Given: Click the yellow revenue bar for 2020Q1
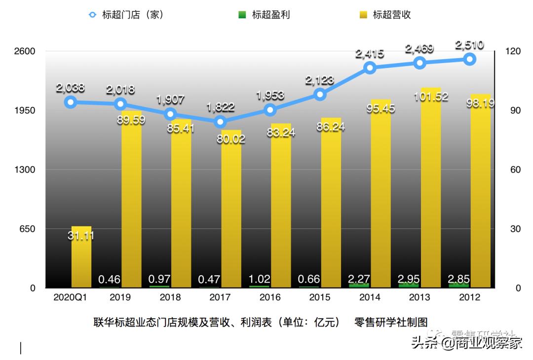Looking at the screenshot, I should pyautogui.click(x=81, y=256).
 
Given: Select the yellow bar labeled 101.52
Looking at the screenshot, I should pyautogui.click(x=431, y=187).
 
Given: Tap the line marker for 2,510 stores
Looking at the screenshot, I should pyautogui.click(x=469, y=59).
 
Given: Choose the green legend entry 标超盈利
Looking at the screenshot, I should pyautogui.click(x=264, y=15).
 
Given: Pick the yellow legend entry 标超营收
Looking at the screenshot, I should pyautogui.click(x=385, y=15).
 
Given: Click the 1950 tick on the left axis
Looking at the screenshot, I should pyautogui.click(x=26, y=110).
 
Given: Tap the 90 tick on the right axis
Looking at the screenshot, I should pyautogui.click(x=515, y=110).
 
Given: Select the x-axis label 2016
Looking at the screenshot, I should pyautogui.click(x=270, y=297).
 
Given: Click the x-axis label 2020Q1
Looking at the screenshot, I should pyautogui.click(x=70, y=297).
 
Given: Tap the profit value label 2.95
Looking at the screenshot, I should pyautogui.click(x=409, y=279).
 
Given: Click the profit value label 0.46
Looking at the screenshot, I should pyautogui.click(x=110, y=280).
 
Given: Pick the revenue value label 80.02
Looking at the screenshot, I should pyautogui.click(x=230, y=139).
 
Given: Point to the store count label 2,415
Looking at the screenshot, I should pyautogui.click(x=370, y=53).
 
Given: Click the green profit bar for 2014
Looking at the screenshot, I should pyautogui.click(x=359, y=285).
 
